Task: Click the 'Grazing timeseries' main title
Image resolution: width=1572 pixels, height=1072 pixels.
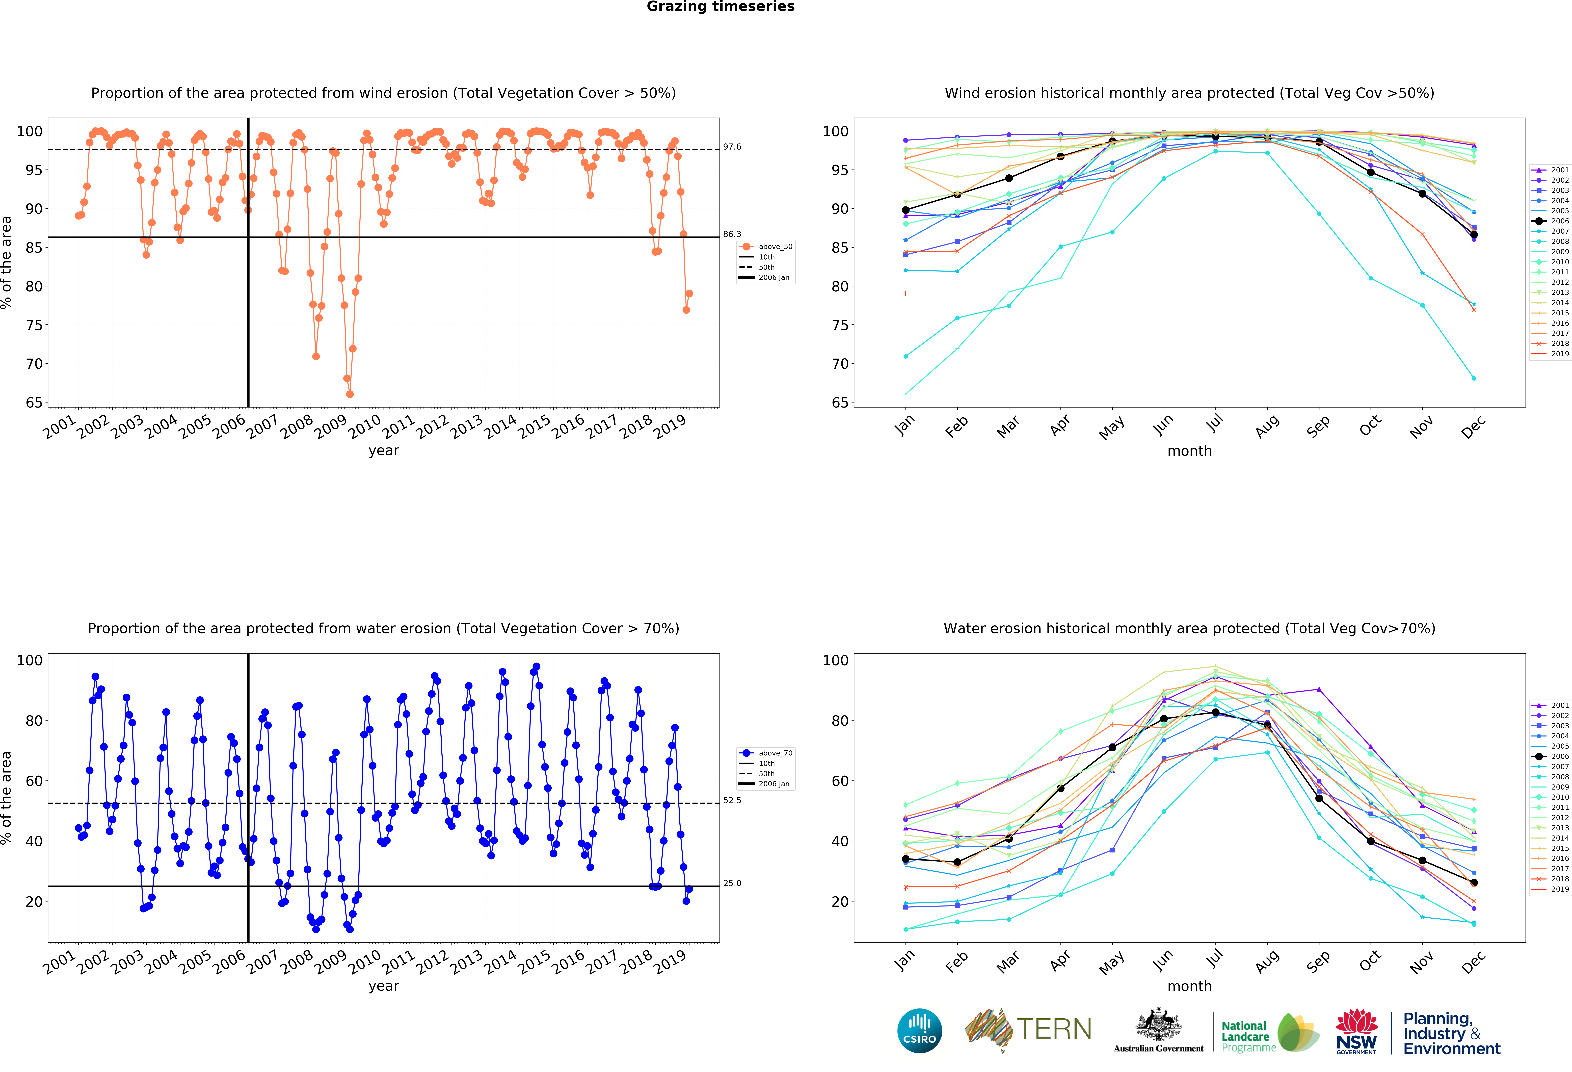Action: pyautogui.click(x=720, y=7)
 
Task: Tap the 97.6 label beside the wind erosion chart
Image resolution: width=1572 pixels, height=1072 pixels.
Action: pyautogui.click(x=732, y=147)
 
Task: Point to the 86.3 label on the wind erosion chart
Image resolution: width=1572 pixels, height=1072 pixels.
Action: pyautogui.click(x=732, y=234)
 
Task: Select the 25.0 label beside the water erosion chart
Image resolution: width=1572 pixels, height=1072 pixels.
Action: pyautogui.click(x=732, y=883)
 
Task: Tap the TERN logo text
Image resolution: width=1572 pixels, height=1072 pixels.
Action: pyautogui.click(x=1054, y=1029)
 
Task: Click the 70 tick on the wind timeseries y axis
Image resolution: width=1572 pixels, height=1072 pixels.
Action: pyautogui.click(x=34, y=364)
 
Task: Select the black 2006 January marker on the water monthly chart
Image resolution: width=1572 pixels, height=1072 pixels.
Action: pyautogui.click(x=906, y=860)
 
